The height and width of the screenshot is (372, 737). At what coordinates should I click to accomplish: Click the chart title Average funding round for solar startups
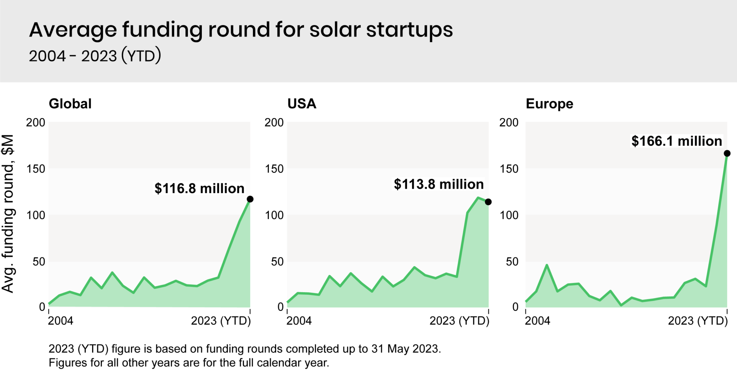pos(241,30)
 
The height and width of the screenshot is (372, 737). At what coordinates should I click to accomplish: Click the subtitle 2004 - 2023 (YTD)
pos(95,56)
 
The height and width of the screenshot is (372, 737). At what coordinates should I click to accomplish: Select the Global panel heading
pos(70,104)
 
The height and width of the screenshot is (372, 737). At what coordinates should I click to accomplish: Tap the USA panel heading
pos(302,104)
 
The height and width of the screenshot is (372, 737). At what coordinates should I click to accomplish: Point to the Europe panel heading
pos(549,104)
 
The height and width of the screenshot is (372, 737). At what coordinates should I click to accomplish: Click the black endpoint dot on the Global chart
pos(250,199)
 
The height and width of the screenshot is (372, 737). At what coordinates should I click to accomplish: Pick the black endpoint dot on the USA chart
pos(488,202)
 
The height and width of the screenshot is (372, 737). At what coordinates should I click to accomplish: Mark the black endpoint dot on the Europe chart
pos(727,154)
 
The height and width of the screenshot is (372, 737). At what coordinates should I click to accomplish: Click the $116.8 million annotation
pos(199,189)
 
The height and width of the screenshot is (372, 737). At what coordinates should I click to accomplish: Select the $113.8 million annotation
pos(439,184)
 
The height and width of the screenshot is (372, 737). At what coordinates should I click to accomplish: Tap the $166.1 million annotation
pos(677,141)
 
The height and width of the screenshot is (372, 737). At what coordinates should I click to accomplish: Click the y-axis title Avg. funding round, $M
pos(8,214)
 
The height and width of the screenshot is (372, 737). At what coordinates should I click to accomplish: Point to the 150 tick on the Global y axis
pos(36,169)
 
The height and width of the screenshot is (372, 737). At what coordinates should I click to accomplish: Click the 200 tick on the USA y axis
pos(274,123)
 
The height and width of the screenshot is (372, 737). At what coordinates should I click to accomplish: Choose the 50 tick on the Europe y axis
pos(512,262)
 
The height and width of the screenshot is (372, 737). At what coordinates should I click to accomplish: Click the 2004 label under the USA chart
pos(299,321)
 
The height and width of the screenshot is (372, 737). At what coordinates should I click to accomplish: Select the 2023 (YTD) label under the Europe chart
pos(698,321)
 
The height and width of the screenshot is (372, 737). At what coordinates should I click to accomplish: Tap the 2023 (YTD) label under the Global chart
pos(221,321)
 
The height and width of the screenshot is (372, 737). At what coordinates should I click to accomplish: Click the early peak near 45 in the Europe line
pos(547,265)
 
